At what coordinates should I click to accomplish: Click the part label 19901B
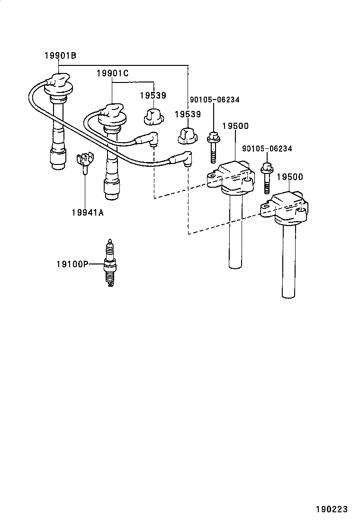60,56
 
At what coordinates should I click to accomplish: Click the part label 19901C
112,73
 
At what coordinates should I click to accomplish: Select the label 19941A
87,212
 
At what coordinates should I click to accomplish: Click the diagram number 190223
332,509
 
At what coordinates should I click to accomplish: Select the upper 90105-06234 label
215,100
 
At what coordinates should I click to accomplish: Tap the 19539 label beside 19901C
153,95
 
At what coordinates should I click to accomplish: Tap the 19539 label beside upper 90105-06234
187,114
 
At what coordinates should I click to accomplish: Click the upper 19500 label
235,126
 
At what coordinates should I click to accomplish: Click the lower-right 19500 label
289,177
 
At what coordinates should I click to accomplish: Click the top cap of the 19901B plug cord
58,83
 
